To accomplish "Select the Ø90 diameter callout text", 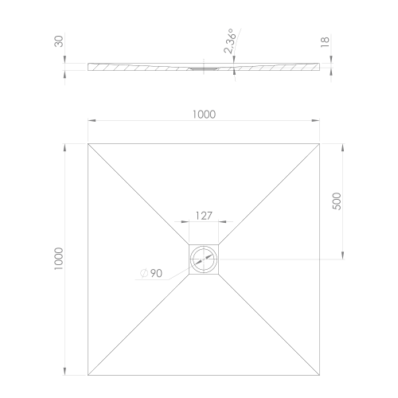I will tap(151, 273).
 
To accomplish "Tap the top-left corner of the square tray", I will tap(88, 142).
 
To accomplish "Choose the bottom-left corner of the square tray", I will tap(88, 377).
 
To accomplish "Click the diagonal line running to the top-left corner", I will tap(139, 193).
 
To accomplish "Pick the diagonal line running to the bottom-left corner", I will tap(139, 326).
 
